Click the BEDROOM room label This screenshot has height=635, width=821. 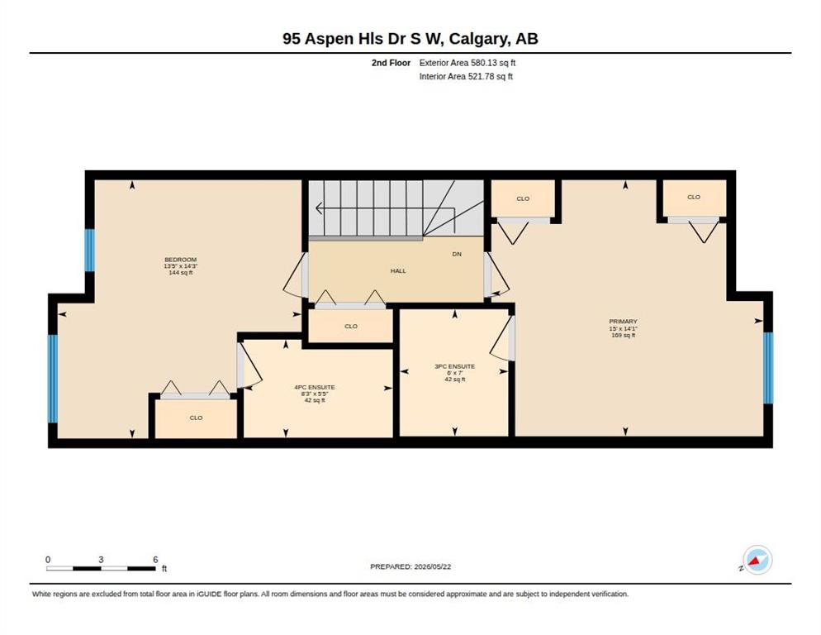pos(181,260)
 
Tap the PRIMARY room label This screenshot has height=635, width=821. pos(623,322)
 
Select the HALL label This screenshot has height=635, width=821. pos(398,271)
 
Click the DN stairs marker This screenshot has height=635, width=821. pos(457,254)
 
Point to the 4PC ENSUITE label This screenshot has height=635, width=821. pos(315,388)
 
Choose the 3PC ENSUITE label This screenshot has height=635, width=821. pos(454,366)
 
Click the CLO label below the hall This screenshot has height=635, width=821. pos(351,326)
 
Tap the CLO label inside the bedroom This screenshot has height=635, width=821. pos(196,418)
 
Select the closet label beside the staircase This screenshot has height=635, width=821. pos(523,198)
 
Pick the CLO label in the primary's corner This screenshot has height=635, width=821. pos(694,197)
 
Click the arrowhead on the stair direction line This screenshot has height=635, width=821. pos(318,208)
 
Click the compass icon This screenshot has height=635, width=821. pos(757,560)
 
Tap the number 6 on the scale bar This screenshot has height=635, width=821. pos(155,560)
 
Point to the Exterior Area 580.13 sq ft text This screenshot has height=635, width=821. pos(467,63)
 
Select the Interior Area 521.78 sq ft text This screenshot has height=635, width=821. pos(466,77)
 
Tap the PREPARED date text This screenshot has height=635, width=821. pos(410,567)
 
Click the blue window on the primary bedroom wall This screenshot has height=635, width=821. pos(768,368)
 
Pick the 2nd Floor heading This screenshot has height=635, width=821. pos(392,63)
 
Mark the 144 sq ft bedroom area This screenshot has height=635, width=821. pos(181,273)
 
